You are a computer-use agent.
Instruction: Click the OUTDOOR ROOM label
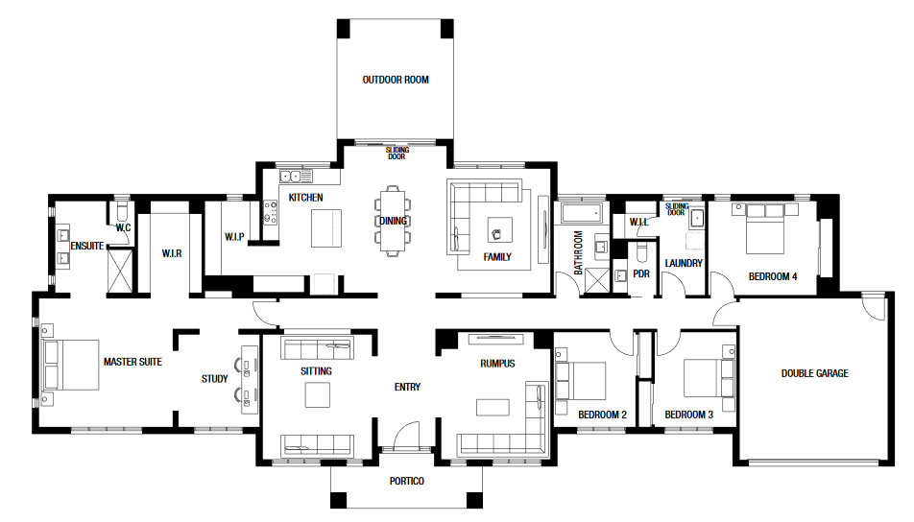(396, 80)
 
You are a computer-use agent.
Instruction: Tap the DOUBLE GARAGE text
(814, 373)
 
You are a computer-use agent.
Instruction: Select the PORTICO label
(407, 482)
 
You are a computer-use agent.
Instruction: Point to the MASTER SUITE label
(132, 362)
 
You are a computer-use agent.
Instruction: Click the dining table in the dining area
(393, 221)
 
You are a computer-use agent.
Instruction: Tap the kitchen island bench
(325, 228)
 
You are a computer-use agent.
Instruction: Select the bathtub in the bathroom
(581, 213)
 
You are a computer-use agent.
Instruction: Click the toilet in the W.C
(123, 211)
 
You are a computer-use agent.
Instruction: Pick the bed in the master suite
(70, 365)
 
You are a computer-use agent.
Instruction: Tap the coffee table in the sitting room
(318, 395)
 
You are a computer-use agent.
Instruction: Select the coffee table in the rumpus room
(493, 407)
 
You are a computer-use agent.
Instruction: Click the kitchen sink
(296, 176)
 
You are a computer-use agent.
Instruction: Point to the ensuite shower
(121, 271)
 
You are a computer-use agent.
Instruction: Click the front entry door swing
(406, 435)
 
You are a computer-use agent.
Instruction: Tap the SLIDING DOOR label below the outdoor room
(397, 154)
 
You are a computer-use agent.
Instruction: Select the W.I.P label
(234, 236)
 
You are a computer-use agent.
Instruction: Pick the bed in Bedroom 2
(581, 381)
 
